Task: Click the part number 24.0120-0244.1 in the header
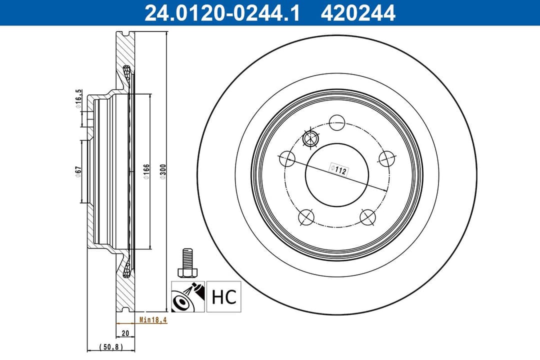pos(222,13)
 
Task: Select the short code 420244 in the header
pos(358,13)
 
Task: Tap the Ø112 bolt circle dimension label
pos(338,170)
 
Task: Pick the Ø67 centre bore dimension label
pos(78,171)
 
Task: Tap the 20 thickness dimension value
pos(125,333)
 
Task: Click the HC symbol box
pos(224,296)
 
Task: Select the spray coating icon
pos(188,296)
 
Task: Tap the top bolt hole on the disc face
pos(337,121)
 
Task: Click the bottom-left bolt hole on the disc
pos(305,216)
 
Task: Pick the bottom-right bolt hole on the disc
pos(367,216)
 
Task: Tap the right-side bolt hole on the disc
pos(386,159)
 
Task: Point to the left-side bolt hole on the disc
pos(287,159)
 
